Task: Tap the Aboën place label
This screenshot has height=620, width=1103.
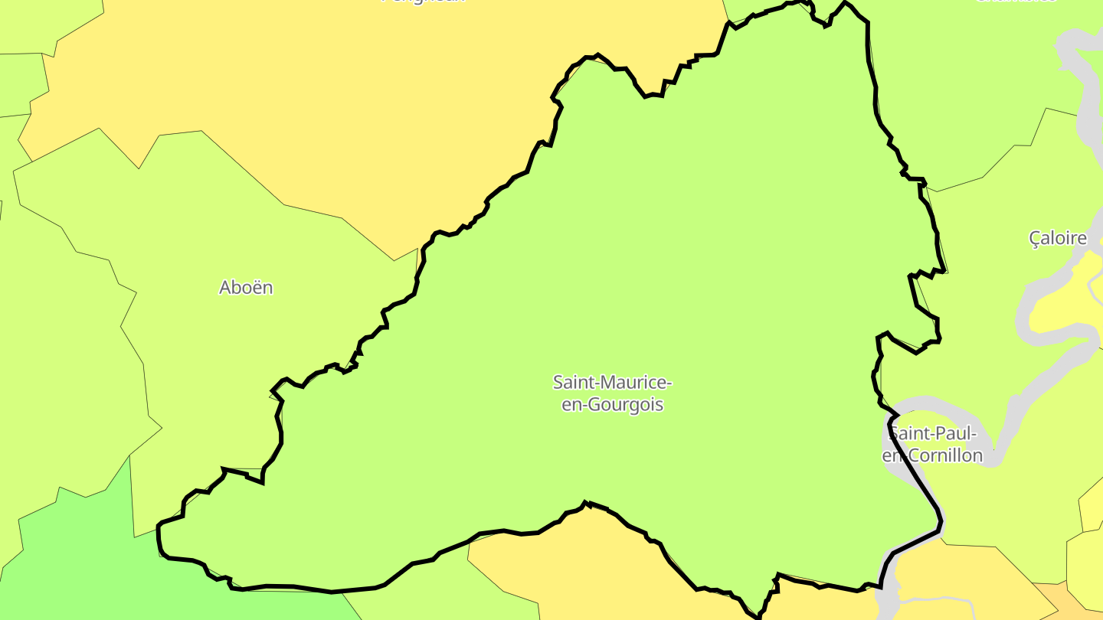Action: tap(246, 288)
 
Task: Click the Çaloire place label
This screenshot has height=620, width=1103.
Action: tap(1058, 238)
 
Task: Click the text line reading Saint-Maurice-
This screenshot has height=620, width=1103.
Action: tap(612, 382)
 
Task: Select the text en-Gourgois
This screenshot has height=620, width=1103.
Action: tap(612, 405)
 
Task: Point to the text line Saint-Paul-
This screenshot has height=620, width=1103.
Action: tap(933, 434)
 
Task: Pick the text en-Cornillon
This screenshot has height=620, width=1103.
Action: tap(933, 456)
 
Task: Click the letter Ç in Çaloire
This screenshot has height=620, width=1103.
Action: tap(1036, 238)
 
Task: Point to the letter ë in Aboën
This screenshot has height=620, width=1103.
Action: tap(254, 288)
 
